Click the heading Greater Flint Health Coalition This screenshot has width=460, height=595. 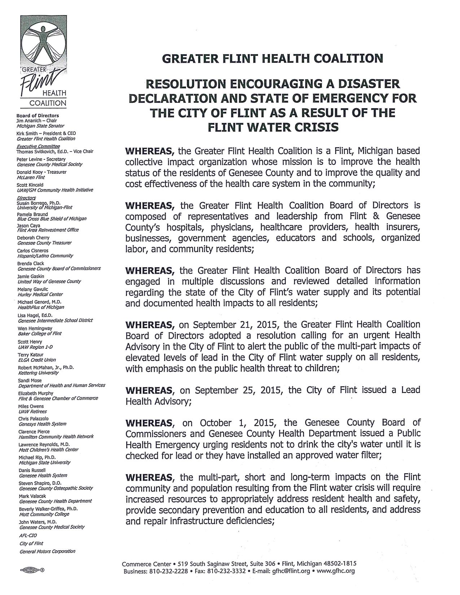coord(272,58)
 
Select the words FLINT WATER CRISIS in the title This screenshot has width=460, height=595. coord(272,127)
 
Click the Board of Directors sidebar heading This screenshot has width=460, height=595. coord(38,116)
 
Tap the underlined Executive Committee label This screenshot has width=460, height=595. coord(38,146)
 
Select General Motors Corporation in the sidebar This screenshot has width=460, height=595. coord(47,551)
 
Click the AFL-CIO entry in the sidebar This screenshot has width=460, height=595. coord(28,535)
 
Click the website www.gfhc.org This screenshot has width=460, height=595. coord(338,571)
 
